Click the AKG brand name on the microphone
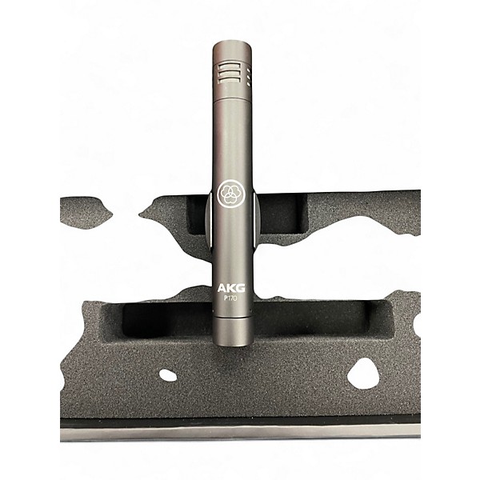click(231, 288)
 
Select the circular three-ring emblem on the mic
click(228, 194)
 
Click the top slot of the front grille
click(229, 66)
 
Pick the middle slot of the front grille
click(229, 74)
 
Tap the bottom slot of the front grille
click(229, 81)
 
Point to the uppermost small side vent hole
click(248, 70)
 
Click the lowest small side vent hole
click(248, 82)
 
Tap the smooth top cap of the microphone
click(233, 51)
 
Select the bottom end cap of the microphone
click(233, 332)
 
